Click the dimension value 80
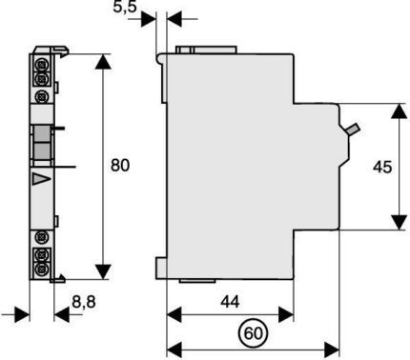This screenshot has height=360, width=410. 120,166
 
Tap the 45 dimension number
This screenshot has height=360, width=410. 382,167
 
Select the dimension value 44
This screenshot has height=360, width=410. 230,302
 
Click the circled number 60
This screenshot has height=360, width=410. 254,333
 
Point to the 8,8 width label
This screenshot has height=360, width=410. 84,302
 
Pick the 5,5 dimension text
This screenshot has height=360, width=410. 125,7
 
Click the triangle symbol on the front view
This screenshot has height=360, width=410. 41,179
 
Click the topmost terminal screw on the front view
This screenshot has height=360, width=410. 41,66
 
